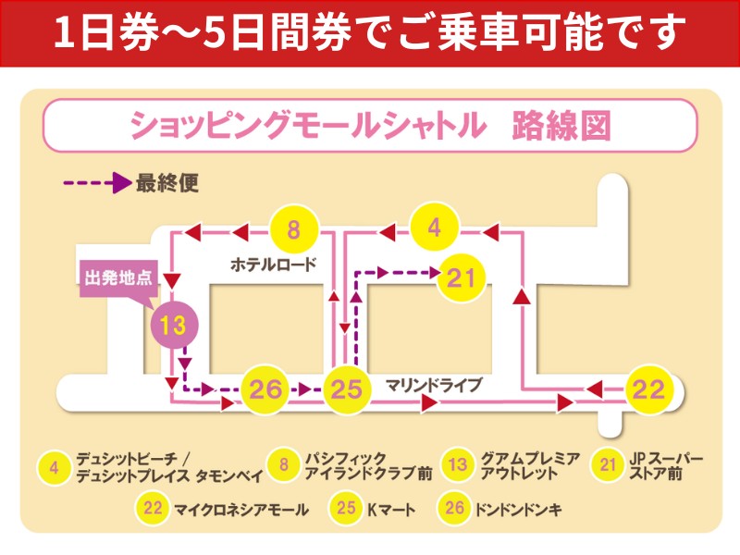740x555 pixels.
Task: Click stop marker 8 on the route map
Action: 294,230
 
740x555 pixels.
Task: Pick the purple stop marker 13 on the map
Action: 174,325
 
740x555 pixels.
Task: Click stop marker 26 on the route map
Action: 265,390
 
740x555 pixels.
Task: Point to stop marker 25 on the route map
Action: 345,390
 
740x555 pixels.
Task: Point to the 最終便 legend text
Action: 167,183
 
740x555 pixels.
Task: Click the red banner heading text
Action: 370,33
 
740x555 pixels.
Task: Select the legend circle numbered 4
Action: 55,467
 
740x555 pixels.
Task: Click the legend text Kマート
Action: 391,509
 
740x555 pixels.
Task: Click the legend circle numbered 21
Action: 607,466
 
